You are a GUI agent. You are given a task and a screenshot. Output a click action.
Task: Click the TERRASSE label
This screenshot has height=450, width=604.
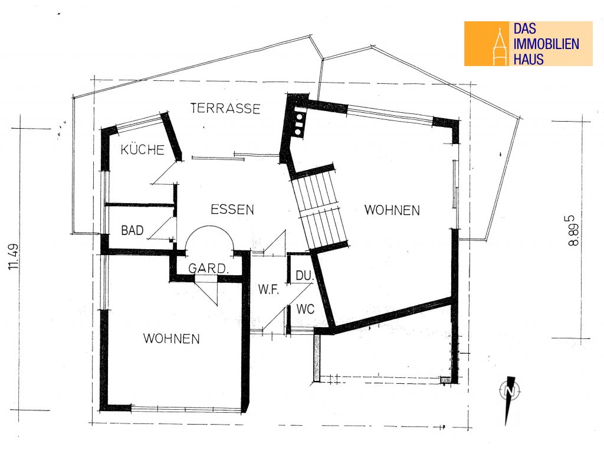[225, 108]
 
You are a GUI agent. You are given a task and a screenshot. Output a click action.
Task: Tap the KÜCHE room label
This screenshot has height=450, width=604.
[143, 149]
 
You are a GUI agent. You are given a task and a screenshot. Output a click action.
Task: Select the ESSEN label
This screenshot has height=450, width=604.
[232, 210]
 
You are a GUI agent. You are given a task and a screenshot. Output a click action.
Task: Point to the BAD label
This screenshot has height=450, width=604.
[132, 230]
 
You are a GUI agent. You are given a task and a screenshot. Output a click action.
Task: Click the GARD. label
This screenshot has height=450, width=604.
[208, 268]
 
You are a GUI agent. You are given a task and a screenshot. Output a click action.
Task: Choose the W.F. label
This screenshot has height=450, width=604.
[268, 289]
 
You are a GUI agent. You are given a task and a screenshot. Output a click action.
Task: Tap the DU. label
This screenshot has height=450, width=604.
[304, 275]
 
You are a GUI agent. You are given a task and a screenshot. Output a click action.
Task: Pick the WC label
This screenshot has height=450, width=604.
[306, 309]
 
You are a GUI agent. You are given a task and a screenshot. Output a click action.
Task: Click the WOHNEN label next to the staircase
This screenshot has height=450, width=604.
[392, 210]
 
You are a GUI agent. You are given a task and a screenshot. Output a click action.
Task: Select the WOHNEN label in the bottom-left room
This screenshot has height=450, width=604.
[172, 338]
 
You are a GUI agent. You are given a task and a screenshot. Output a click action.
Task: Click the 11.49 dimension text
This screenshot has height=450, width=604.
[13, 256]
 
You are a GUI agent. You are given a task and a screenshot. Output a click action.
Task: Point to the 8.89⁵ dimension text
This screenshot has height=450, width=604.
[573, 230]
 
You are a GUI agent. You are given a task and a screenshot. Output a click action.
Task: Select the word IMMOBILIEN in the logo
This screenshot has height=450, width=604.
[546, 44]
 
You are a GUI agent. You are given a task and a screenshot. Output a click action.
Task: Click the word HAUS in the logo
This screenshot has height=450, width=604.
[528, 60]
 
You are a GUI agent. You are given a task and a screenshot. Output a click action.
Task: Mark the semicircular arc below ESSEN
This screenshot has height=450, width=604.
[209, 226]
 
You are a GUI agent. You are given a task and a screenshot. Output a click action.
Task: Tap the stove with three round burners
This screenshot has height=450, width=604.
[299, 123]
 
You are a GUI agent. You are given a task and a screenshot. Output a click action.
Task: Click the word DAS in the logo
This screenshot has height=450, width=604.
[524, 28]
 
